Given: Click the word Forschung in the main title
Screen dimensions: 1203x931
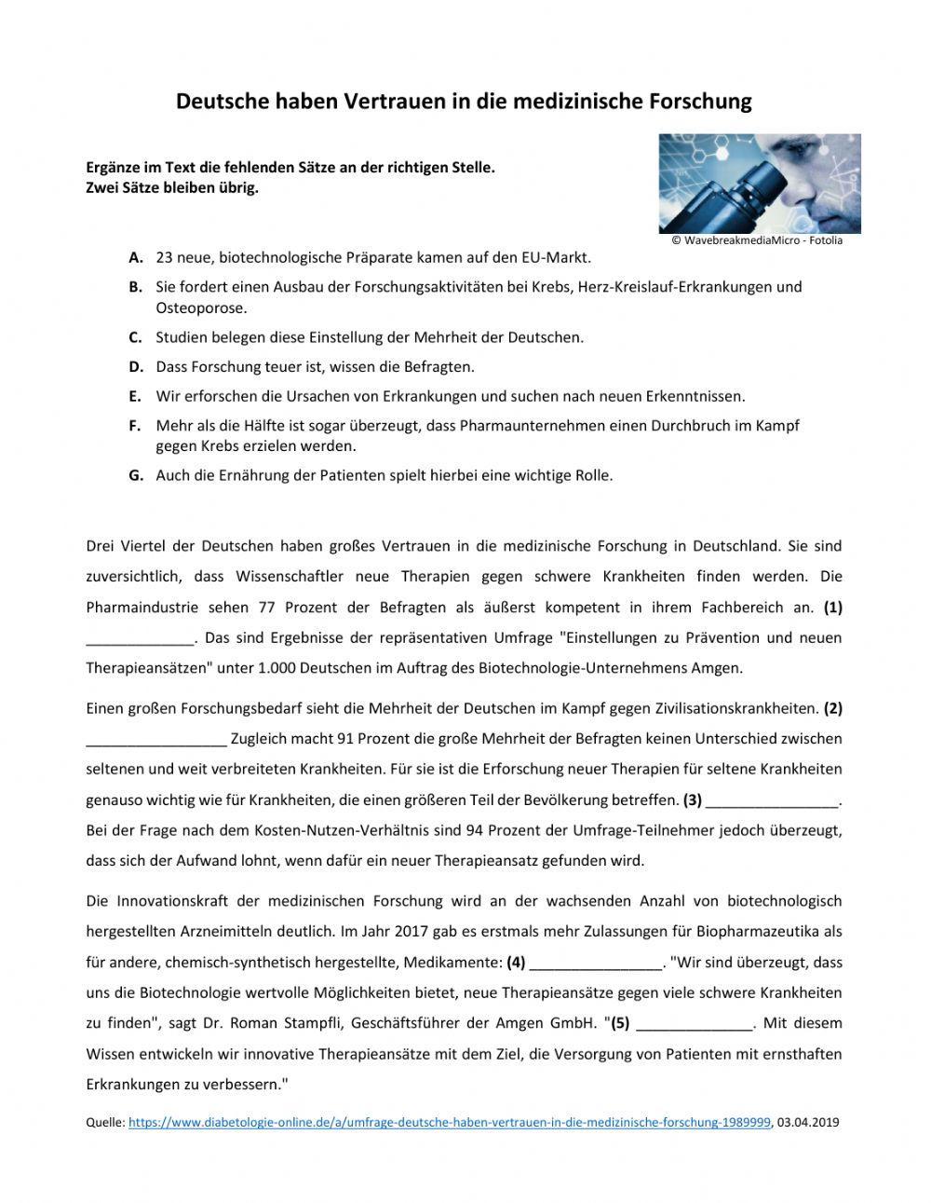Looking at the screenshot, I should [697, 102].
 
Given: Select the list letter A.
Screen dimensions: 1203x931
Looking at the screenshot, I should [136, 257].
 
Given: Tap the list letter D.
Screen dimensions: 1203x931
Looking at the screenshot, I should [136, 367].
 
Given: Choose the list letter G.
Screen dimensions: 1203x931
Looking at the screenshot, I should [136, 475].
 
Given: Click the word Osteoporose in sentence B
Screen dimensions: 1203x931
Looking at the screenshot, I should [201, 308].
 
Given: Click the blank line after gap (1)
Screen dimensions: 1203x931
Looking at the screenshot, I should [140, 639].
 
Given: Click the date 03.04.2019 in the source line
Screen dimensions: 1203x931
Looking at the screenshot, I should [808, 1123].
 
